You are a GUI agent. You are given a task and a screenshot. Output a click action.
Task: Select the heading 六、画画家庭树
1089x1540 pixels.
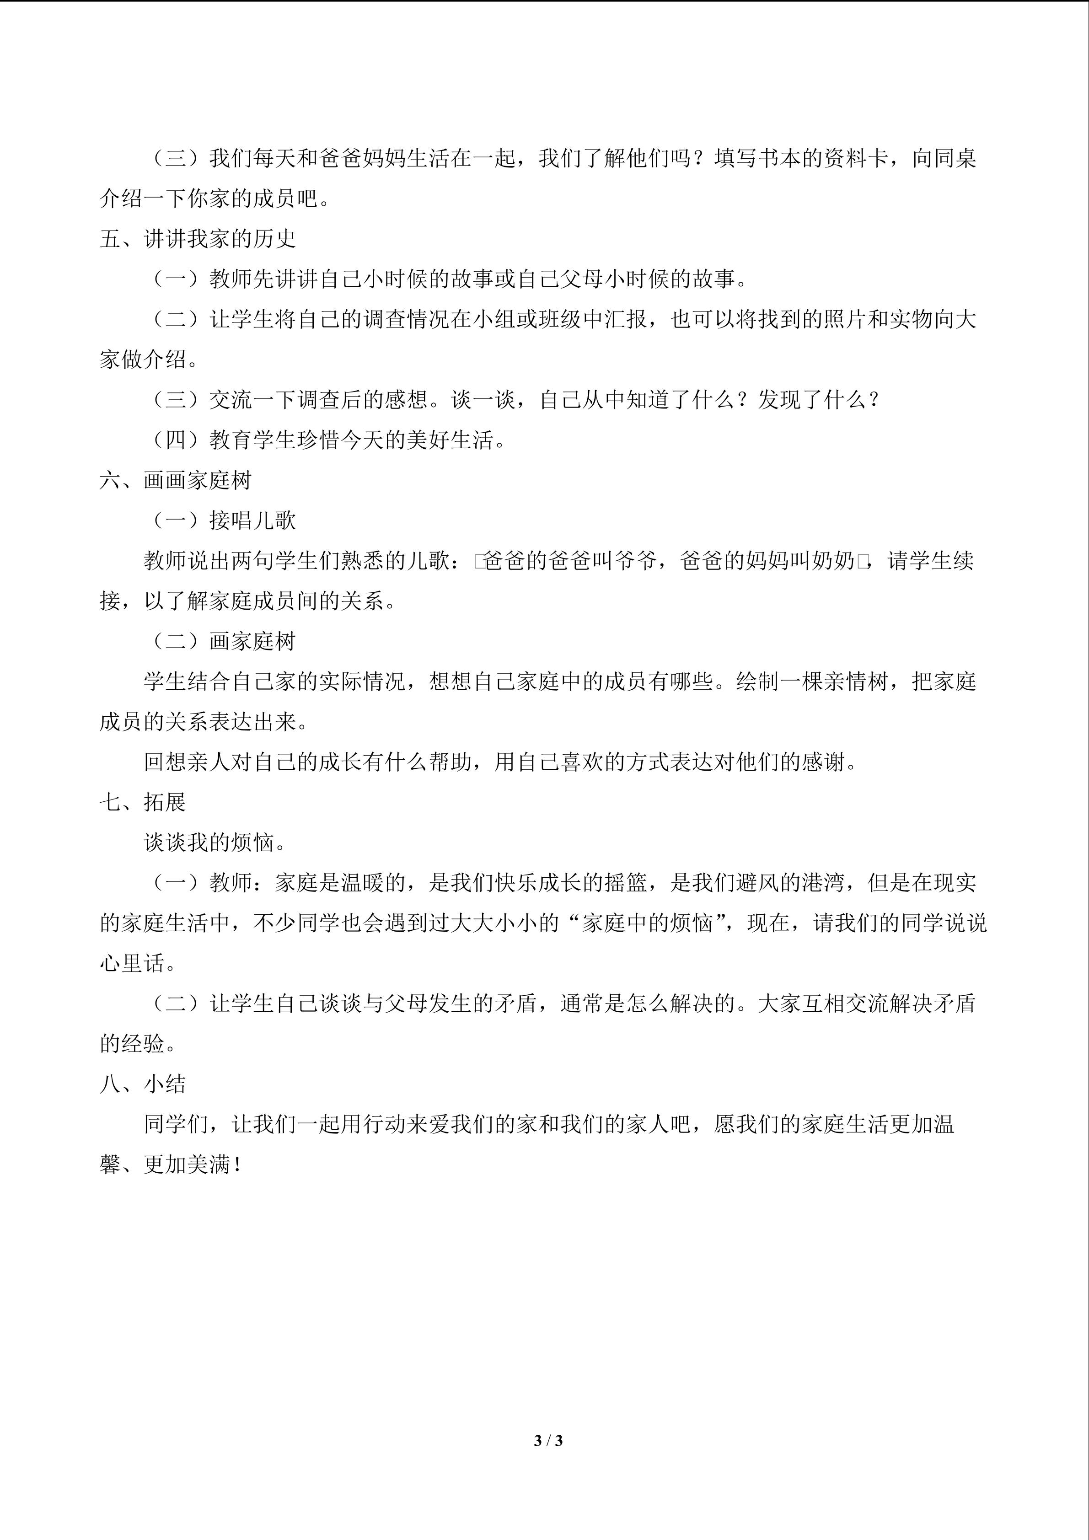tap(176, 480)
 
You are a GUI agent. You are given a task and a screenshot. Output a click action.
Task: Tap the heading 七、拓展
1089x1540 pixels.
tap(142, 802)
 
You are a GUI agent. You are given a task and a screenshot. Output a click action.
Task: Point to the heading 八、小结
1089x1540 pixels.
tap(142, 1084)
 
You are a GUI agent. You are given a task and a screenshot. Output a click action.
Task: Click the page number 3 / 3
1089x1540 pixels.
tap(548, 1440)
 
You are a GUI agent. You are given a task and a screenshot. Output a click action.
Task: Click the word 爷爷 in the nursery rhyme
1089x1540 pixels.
tap(636, 561)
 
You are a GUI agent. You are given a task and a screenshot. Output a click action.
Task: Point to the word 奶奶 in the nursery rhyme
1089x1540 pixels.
tap(833, 561)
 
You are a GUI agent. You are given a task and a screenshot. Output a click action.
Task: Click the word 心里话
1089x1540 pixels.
tap(132, 963)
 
